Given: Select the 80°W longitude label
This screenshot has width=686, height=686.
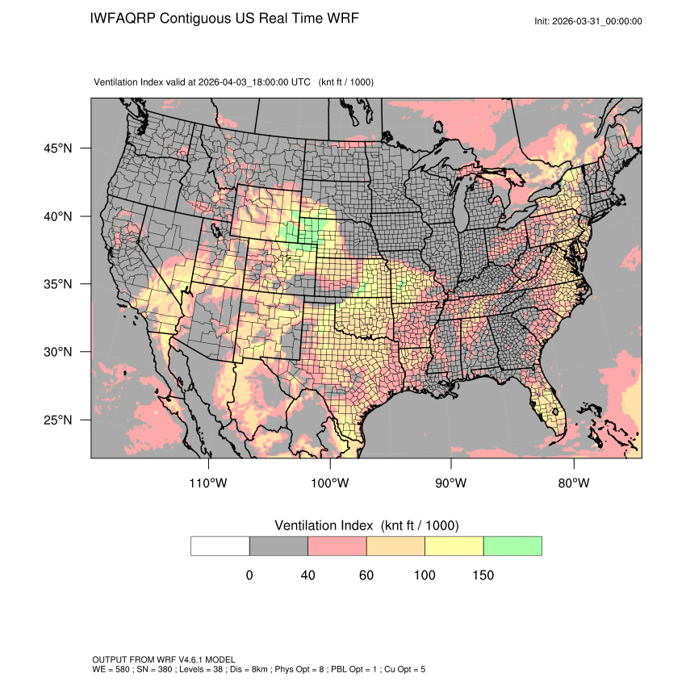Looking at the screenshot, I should tap(574, 483).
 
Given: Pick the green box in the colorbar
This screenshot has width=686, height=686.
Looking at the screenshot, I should tap(512, 546).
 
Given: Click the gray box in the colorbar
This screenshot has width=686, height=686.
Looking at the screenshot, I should tap(278, 546).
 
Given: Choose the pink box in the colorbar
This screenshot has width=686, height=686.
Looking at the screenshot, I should tap(337, 546).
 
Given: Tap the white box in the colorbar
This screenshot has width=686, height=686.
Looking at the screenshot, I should tap(220, 546).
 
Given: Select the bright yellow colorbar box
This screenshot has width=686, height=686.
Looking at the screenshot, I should tap(454, 546).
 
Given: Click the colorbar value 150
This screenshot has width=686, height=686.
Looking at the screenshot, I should tap(483, 575).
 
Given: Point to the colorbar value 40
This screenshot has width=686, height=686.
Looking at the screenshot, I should tap(307, 575).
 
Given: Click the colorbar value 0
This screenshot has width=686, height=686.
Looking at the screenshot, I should tap(249, 575).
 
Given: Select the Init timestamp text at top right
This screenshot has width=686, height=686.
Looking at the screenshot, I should tap(588, 21).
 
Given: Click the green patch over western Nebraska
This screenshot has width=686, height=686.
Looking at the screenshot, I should tap(309, 231).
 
